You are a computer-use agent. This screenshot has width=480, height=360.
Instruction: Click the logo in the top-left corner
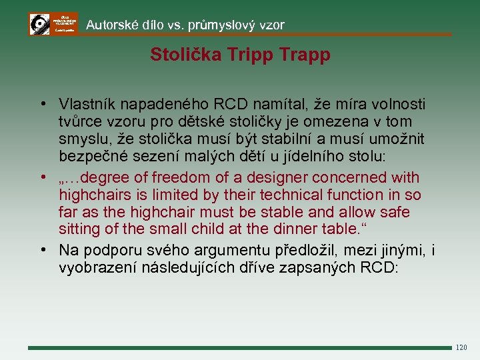(x=53, y=24)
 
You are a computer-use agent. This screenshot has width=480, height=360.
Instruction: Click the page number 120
(x=461, y=347)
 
